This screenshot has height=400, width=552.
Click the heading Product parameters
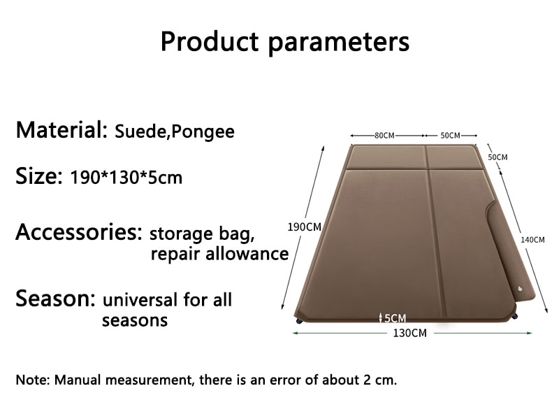pyautogui.click(x=285, y=41)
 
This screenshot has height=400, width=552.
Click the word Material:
pyautogui.click(x=61, y=129)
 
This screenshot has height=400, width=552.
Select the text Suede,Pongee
pyautogui.click(x=175, y=131)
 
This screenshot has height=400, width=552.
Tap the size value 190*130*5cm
pyautogui.click(x=126, y=177)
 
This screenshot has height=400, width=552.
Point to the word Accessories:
pyautogui.click(x=79, y=232)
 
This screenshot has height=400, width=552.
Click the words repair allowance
pyautogui.click(x=219, y=254)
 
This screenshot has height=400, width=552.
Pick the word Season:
pyautogui.click(x=55, y=298)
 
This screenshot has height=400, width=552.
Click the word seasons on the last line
pyautogui.click(x=135, y=320)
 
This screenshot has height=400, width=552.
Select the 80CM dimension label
pyautogui.click(x=384, y=136)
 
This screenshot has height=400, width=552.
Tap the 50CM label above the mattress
pyautogui.click(x=450, y=136)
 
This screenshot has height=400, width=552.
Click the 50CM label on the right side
pyautogui.click(x=497, y=157)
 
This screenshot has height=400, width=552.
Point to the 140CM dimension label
pyautogui.click(x=532, y=240)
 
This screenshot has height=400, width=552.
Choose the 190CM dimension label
pyautogui.click(x=305, y=227)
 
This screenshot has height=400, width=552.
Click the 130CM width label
pyautogui.click(x=409, y=333)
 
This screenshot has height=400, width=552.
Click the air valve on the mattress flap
pyautogui.click(x=521, y=290)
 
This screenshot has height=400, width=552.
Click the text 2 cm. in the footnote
pyautogui.click(x=380, y=380)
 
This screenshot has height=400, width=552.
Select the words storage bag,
pyautogui.click(x=202, y=234)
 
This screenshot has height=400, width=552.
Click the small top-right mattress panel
pyautogui.click(x=453, y=157)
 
